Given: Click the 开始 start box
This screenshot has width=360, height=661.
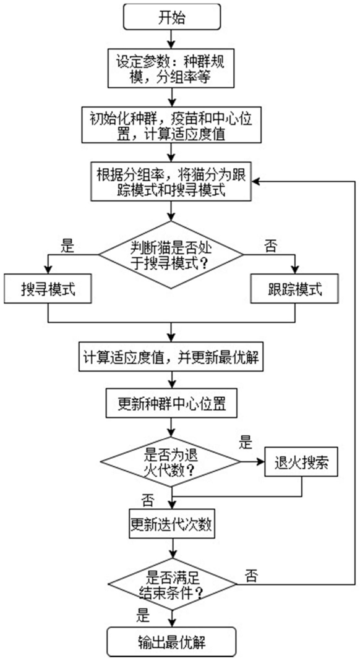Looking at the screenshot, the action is pyautogui.click(x=171, y=17).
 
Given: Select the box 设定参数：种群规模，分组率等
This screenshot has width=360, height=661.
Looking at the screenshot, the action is pyautogui.click(x=171, y=69).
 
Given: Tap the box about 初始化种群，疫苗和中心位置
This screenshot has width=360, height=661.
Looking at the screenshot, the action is pyautogui.click(x=171, y=125).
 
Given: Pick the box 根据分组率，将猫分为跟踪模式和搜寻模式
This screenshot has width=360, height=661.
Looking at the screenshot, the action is pyautogui.click(x=171, y=182).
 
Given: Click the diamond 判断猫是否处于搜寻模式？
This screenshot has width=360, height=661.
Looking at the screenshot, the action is pyautogui.click(x=171, y=255).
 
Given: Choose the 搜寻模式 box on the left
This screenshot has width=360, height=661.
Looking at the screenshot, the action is pyautogui.click(x=48, y=289).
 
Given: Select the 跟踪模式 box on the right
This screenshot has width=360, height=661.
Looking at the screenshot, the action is pyautogui.click(x=294, y=289).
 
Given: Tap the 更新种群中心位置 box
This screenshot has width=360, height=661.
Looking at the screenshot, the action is pyautogui.click(x=171, y=404).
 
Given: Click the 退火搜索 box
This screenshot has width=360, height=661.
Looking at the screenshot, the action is pyautogui.click(x=301, y=462).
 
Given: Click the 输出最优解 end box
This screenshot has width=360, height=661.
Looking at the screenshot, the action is pyautogui.click(x=171, y=642).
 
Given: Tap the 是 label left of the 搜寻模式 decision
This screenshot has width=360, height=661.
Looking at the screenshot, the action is pyautogui.click(x=67, y=246).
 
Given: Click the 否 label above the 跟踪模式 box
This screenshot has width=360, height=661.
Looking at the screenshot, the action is pyautogui.click(x=271, y=246).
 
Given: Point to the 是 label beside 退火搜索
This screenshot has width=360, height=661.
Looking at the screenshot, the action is pyautogui.click(x=246, y=443).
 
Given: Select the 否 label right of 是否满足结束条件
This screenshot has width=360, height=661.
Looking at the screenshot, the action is pyautogui.click(x=251, y=575).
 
